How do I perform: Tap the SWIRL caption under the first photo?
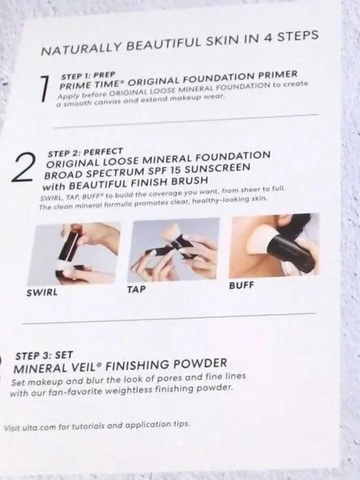click(x=41, y=293)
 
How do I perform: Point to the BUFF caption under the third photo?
click(x=241, y=286)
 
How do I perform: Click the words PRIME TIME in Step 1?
click(x=87, y=84)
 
